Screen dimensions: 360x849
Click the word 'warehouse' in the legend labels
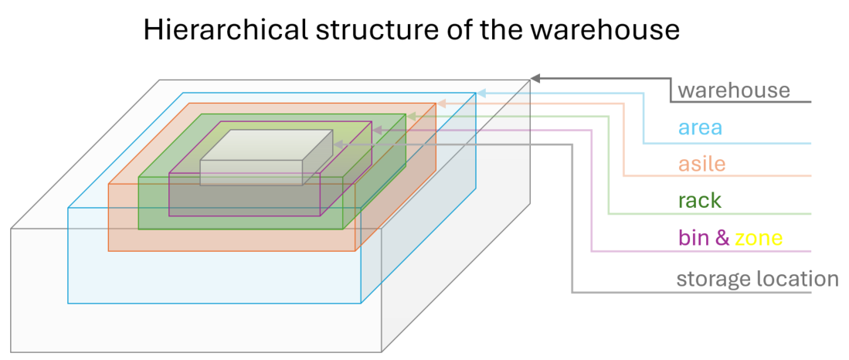[734, 90]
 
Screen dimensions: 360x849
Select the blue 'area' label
[700, 127]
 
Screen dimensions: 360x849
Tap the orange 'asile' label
[701, 164]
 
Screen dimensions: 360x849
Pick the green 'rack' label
[699, 201]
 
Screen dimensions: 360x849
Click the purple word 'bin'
[694, 238]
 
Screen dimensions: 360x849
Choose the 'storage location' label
[757, 279]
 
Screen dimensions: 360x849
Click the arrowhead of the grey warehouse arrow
[535, 78]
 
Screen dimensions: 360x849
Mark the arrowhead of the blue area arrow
[481, 93]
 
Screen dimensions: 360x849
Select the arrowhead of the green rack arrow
[412, 116]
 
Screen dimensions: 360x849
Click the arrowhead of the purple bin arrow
[377, 130]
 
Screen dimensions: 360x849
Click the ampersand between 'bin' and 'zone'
[722, 238]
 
